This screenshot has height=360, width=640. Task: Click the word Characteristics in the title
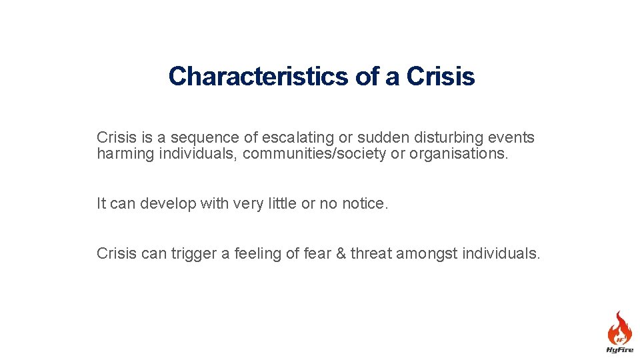click(259, 77)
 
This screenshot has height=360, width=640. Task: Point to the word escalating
click(295, 138)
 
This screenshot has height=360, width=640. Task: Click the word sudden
click(380, 138)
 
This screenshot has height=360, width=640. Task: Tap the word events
click(513, 138)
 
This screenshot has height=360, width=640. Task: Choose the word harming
click(125, 154)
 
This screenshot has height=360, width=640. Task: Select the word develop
click(167, 204)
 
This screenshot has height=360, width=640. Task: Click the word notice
click(364, 204)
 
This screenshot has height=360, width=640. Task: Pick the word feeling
click(258, 254)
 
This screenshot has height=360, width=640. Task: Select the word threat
click(371, 254)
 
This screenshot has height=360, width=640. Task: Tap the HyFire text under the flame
click(619, 349)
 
